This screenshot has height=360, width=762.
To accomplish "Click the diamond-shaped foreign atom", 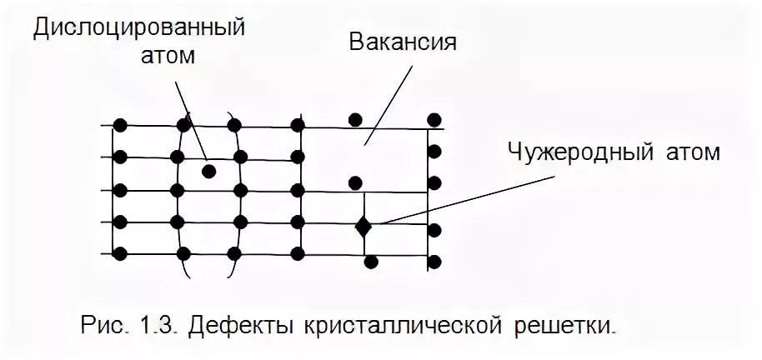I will pos(363,225).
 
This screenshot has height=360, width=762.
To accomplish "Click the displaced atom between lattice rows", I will pos(208,171).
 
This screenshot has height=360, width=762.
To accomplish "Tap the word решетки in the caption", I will pos(567,323).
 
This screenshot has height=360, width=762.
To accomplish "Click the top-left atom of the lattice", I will pos(120,125).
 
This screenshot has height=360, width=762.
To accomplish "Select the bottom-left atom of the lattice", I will pos(120,252).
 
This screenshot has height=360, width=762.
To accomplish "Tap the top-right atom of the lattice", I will pos(434,120).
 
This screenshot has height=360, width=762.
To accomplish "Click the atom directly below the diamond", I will pos(372,262).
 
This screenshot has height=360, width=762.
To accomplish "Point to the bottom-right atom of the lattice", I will pos(434,262).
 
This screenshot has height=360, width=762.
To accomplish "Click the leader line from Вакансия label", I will pos(389,97).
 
